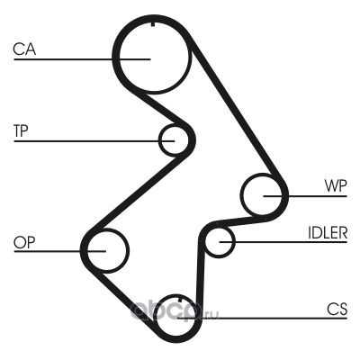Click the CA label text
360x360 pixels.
[24, 49]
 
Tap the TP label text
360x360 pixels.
[21, 130]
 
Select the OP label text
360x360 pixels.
[24, 242]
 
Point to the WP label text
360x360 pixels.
[336, 186]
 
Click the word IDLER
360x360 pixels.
[328, 233]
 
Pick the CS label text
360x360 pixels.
[337, 309]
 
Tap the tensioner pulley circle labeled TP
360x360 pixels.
[160, 140]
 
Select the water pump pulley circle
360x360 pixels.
[242, 195]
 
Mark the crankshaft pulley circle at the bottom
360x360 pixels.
[157, 318]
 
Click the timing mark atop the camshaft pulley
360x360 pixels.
[153, 24]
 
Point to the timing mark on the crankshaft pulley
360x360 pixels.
[180, 300]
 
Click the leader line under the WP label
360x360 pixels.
[305, 196]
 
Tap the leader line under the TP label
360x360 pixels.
[94, 140]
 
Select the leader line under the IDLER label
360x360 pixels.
[283, 242]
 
